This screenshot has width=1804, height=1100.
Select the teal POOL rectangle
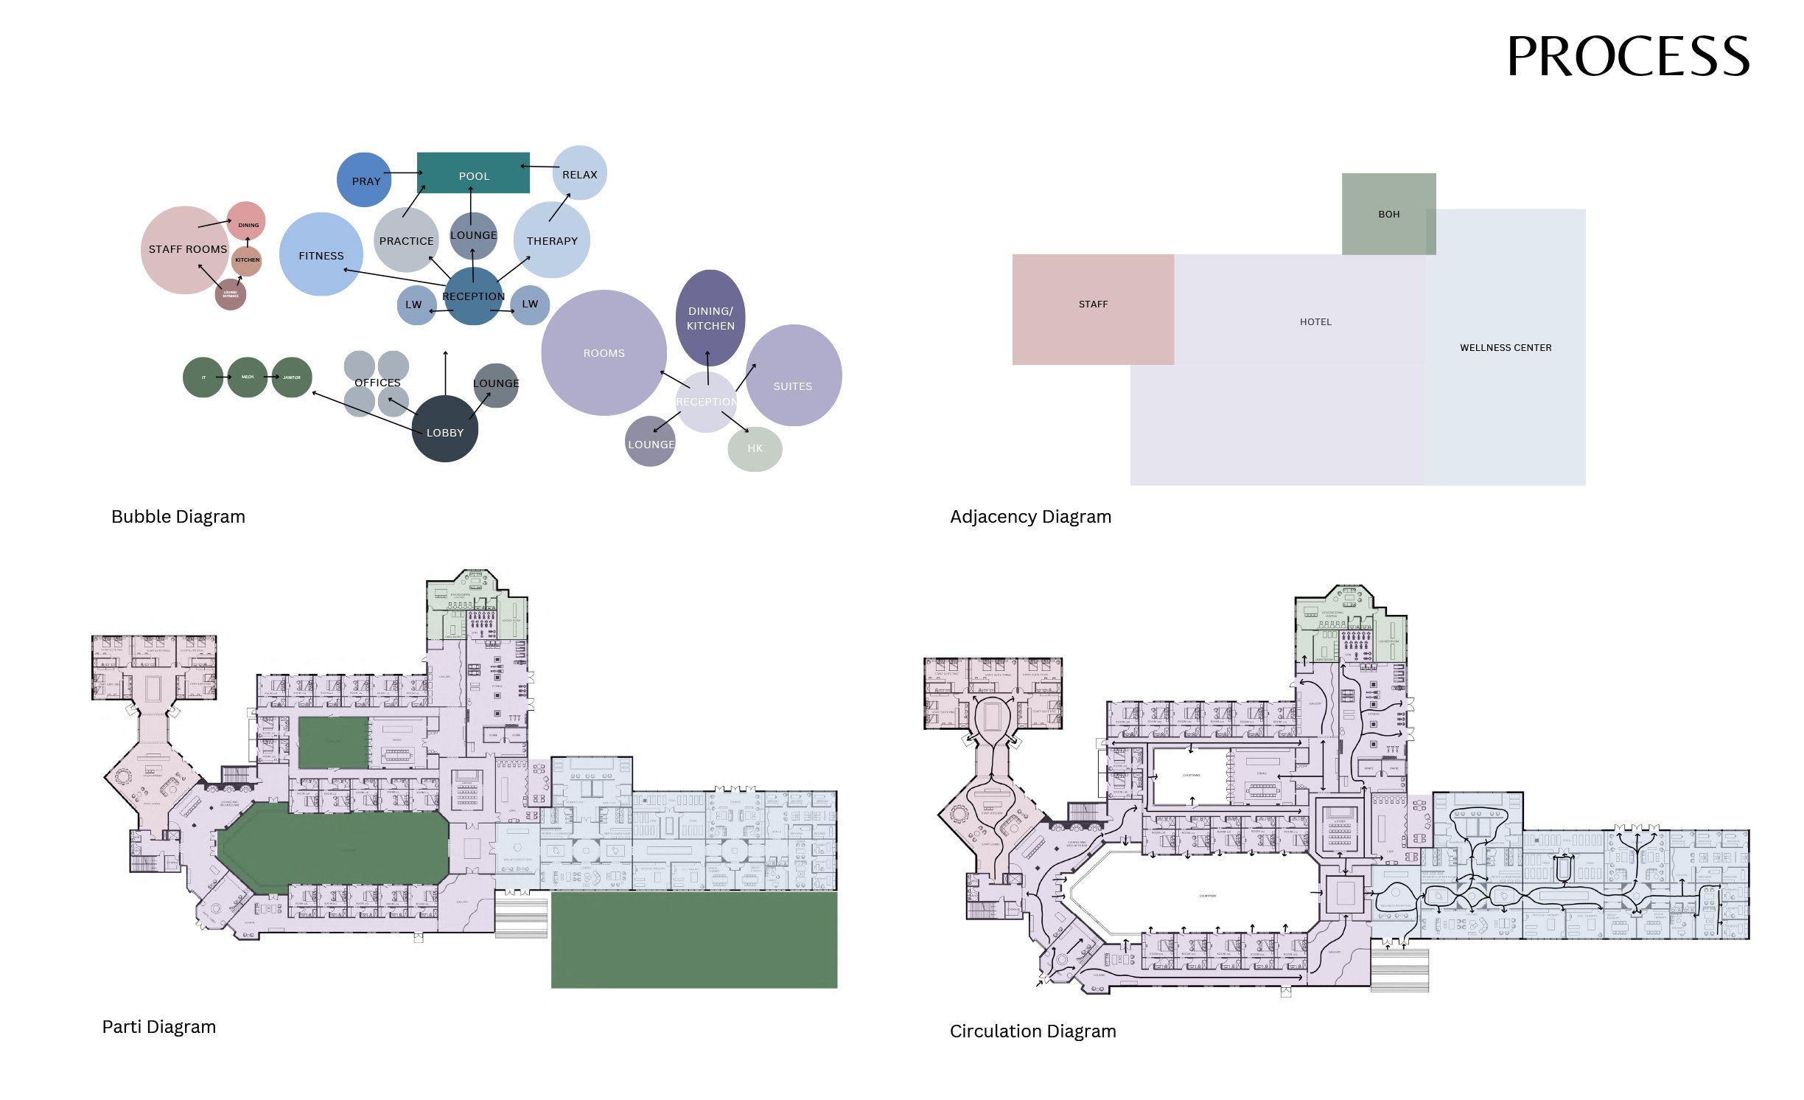tap(473, 173)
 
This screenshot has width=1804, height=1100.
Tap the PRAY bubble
tap(364, 180)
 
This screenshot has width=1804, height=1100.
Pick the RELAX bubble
tap(580, 173)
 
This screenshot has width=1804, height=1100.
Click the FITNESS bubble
tap(321, 255)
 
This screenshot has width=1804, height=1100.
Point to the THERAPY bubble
tap(552, 240)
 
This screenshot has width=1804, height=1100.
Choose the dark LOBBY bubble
tap(445, 430)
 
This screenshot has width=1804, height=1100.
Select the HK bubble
tap(755, 448)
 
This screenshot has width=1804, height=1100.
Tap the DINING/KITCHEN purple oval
tap(710, 318)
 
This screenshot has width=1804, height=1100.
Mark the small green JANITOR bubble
tap(292, 377)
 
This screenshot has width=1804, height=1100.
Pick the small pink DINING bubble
tap(246, 220)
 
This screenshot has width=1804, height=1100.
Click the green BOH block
tap(1388, 214)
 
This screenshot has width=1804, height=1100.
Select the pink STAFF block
tap(1093, 309)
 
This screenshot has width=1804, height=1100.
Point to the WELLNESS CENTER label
tap(1506, 347)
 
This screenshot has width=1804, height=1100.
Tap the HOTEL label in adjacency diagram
tap(1315, 321)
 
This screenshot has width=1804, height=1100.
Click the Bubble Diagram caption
tap(178, 516)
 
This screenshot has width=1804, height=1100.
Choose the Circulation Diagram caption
tap(1032, 1031)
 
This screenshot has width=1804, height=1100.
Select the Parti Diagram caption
tap(159, 1026)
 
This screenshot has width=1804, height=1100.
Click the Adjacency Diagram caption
tap(1030, 516)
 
